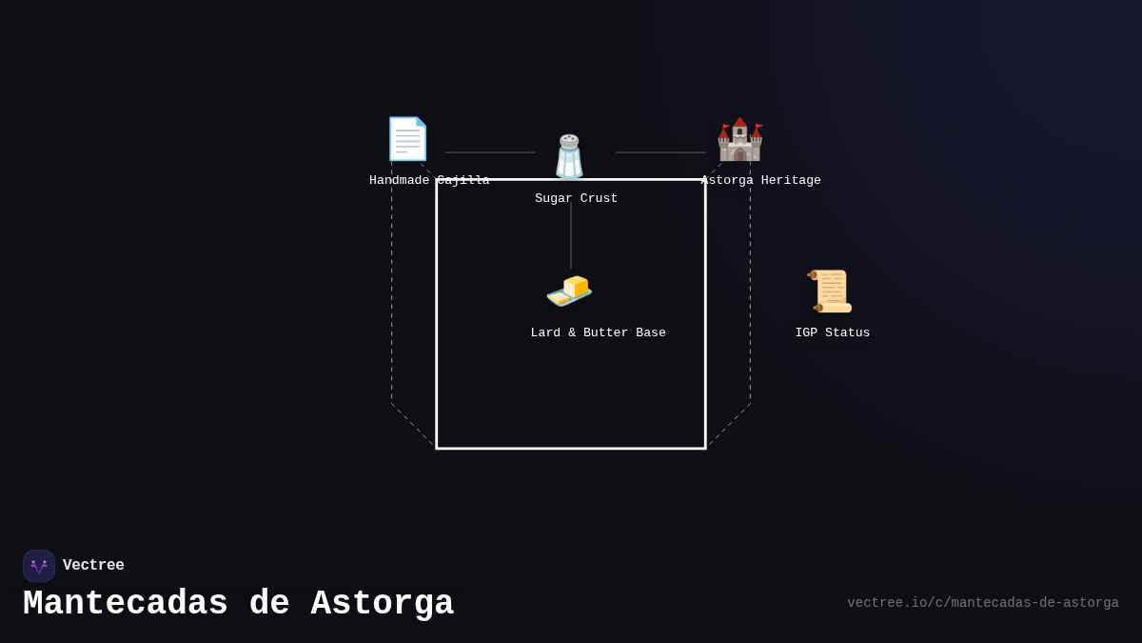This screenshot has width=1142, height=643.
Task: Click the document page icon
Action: coord(407,139)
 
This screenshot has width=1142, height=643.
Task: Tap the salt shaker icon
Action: coord(569,156)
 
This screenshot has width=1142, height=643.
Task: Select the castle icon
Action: coord(739,139)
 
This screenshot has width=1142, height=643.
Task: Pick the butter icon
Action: coord(569,291)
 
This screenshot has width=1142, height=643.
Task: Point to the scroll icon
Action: coord(830,291)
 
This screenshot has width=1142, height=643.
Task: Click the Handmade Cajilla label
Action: coord(429,180)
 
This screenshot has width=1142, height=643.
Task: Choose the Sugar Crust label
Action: coord(576,198)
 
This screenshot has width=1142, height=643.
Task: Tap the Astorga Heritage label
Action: coord(760,180)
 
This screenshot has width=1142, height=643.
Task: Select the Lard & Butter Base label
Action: coord(598,332)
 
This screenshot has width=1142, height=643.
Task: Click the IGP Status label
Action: coord(833,332)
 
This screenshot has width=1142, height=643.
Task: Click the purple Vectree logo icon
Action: coord(39,566)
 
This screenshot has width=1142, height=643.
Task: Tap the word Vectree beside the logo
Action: coord(93,565)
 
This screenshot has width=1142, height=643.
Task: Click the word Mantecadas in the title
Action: coord(126,603)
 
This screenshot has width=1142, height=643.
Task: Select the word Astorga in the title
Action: coord(383,603)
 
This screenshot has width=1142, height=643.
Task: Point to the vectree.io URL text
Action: coord(983,603)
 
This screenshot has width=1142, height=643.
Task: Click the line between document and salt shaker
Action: coord(490,152)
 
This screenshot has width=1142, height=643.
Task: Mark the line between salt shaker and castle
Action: coord(660,152)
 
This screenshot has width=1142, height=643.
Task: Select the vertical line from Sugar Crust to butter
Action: coord(570,236)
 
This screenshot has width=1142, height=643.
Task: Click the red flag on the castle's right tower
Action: coord(759,126)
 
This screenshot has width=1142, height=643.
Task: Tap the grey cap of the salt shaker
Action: coord(569,141)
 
